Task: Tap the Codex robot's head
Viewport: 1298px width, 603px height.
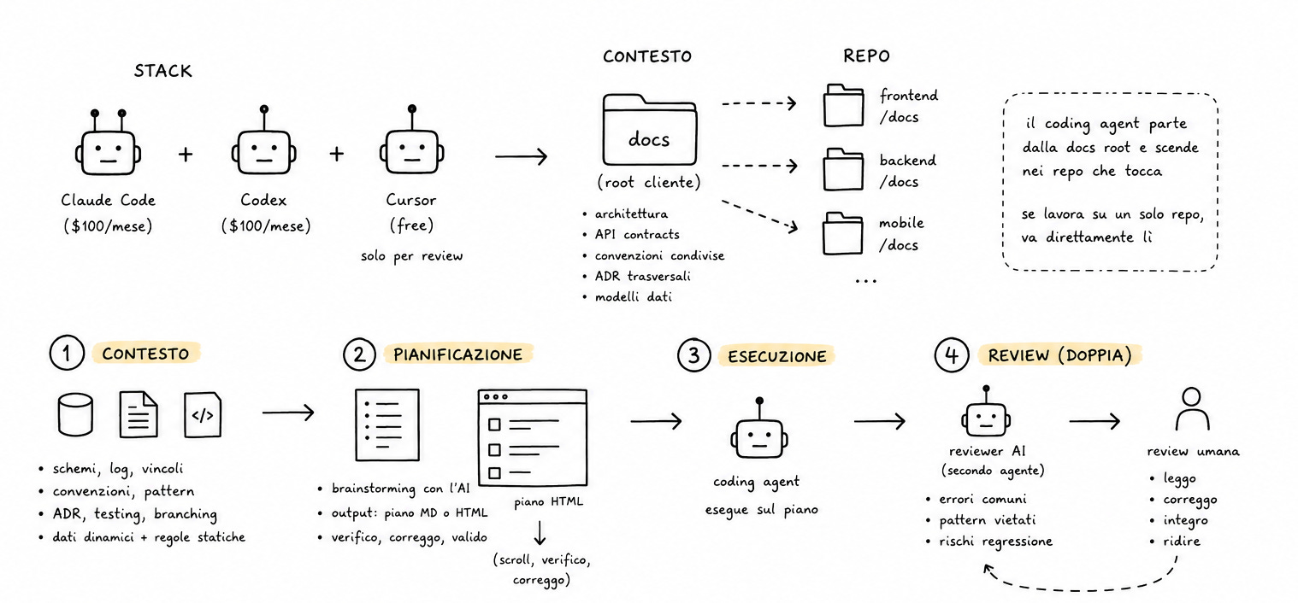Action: click(x=263, y=152)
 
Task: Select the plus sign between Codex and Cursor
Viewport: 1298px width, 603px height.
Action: click(x=337, y=154)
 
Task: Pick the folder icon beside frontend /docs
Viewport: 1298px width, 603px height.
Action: click(x=844, y=105)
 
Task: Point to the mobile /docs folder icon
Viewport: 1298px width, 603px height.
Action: click(x=843, y=233)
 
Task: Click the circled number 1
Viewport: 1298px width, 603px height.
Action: click(x=67, y=353)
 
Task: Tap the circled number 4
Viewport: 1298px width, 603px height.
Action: click(x=952, y=354)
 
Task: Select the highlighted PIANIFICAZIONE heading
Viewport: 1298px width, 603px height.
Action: click(x=457, y=354)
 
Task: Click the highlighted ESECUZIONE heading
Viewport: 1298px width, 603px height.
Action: click(x=777, y=356)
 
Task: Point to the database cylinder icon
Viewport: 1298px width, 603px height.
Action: click(x=75, y=414)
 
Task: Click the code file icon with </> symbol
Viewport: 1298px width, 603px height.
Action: click(x=203, y=414)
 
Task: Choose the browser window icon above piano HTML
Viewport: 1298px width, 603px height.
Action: click(x=533, y=437)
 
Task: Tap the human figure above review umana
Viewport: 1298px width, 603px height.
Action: click(x=1192, y=409)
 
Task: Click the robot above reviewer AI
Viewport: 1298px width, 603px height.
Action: click(x=986, y=411)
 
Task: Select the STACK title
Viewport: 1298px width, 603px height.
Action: click(x=162, y=71)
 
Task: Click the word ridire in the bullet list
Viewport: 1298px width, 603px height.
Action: click(x=1182, y=542)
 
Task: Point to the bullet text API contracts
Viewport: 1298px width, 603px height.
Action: click(x=637, y=234)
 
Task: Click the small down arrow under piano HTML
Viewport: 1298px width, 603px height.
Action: click(x=540, y=533)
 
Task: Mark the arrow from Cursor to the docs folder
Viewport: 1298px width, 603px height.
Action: click(x=522, y=156)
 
